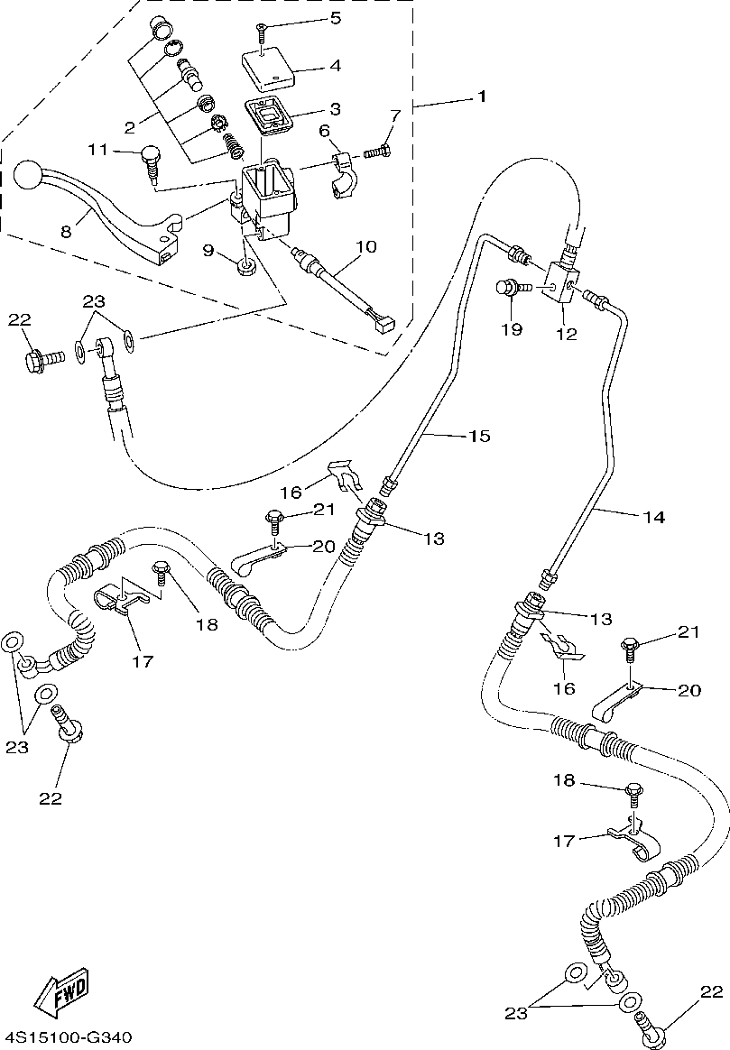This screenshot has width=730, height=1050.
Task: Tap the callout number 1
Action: pyautogui.click(x=482, y=97)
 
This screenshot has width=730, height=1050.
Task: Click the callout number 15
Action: pyautogui.click(x=480, y=436)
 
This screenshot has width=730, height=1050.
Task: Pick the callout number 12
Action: pyautogui.click(x=566, y=334)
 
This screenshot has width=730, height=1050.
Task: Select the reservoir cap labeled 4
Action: pyautogui.click(x=268, y=68)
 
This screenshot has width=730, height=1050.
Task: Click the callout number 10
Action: pyautogui.click(x=366, y=246)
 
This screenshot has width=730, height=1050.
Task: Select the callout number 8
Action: pyautogui.click(x=66, y=232)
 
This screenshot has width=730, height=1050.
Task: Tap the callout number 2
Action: pyautogui.click(x=130, y=126)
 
